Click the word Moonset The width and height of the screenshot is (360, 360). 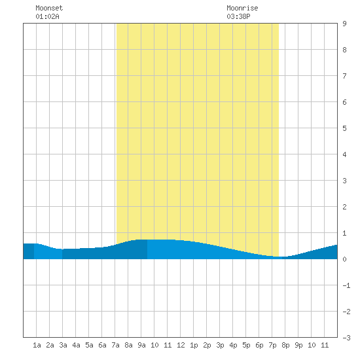click(x=49, y=8)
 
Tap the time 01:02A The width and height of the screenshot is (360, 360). click(x=47, y=16)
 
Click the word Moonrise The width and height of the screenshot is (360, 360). click(x=242, y=8)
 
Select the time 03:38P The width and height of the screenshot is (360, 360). click(x=238, y=16)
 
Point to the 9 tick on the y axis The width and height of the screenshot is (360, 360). click(x=344, y=24)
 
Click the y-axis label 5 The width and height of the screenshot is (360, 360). click(x=344, y=128)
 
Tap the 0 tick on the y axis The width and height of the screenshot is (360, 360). click(x=344, y=259)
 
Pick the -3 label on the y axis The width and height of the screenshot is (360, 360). click(x=347, y=338)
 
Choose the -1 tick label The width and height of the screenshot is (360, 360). click(x=347, y=285)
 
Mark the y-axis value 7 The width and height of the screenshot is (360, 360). click(x=344, y=76)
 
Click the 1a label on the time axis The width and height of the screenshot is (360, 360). click(x=37, y=345)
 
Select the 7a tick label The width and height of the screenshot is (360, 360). click(x=115, y=345)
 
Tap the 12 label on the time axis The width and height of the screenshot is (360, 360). click(x=181, y=345)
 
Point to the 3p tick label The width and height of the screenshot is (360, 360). click(x=220, y=345)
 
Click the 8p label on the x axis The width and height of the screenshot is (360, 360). click(x=285, y=345)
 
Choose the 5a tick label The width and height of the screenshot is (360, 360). click(x=89, y=345)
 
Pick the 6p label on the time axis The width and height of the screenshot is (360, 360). click(x=259, y=345)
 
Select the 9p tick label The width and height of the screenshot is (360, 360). click(x=298, y=345)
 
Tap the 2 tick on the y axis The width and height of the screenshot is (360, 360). click(x=344, y=207)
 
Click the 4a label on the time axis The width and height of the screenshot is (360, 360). click(x=76, y=345)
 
